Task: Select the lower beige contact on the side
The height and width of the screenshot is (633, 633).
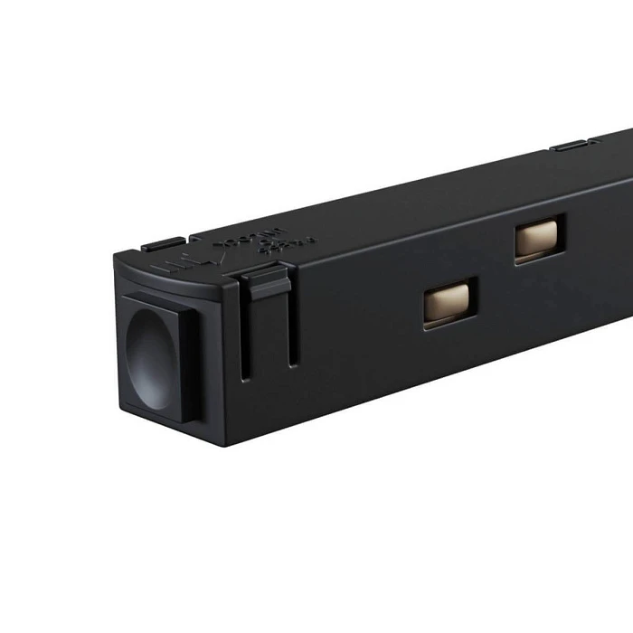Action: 449,301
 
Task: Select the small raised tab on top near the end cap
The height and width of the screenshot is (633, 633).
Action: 163,244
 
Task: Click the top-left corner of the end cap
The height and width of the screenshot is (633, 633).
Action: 116,259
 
